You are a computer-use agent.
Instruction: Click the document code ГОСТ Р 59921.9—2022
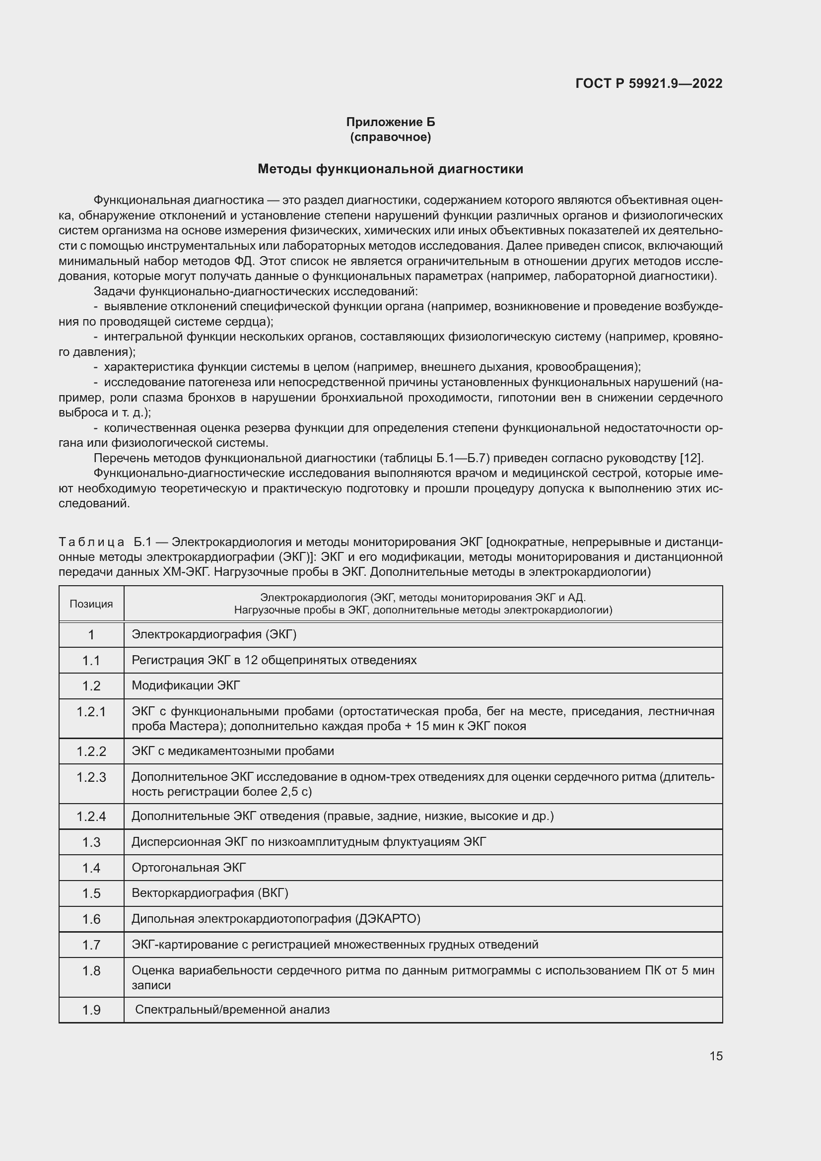(649, 83)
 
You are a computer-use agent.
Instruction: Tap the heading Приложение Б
(390, 122)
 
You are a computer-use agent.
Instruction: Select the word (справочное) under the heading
(390, 137)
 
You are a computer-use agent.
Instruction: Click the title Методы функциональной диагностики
(390, 169)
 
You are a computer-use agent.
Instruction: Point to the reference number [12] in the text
(690, 458)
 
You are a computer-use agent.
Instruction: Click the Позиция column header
(91, 604)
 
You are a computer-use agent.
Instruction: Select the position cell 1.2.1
(91, 712)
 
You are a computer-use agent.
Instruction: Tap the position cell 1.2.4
(91, 817)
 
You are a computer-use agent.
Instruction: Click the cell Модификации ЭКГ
(186, 685)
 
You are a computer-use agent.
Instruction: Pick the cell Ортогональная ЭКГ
(189, 868)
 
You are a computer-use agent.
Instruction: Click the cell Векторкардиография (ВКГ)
(210, 893)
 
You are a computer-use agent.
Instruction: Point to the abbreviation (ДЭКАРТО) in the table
(388, 919)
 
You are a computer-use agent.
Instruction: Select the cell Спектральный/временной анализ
(232, 1010)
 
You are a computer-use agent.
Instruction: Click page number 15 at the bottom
(716, 1056)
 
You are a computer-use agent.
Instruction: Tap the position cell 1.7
(91, 945)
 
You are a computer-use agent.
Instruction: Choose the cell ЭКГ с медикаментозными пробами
(232, 751)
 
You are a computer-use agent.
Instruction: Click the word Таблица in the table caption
(91, 542)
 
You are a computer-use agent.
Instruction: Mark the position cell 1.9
(91, 1010)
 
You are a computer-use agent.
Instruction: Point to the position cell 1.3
(91, 842)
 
